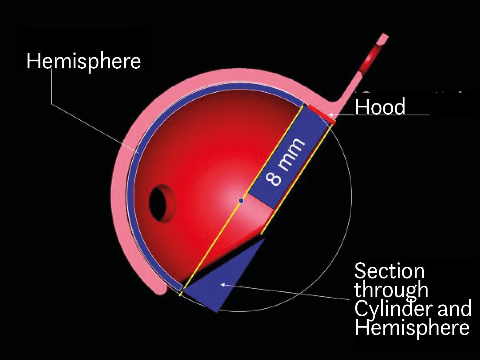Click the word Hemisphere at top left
(x=83, y=61)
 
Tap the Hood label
(x=380, y=107)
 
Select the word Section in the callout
(x=389, y=271)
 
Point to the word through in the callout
(x=391, y=290)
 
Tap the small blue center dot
(x=242, y=201)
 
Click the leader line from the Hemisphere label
(x=94, y=125)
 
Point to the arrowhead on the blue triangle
(x=223, y=285)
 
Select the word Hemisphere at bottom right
(x=412, y=327)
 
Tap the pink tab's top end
(x=384, y=37)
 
